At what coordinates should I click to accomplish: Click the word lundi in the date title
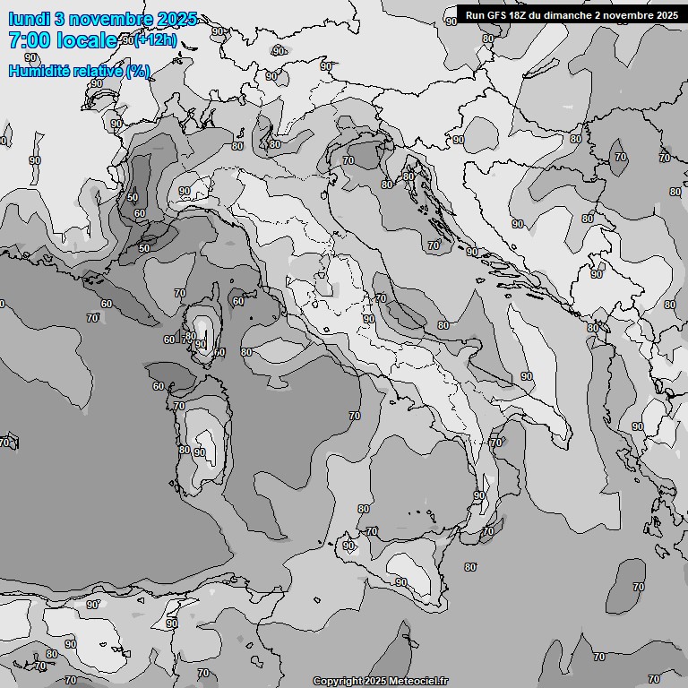tap(28, 19)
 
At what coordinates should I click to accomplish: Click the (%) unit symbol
tap(138, 71)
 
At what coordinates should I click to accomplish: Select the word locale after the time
tap(87, 40)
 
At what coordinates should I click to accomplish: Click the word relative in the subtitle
tap(101, 71)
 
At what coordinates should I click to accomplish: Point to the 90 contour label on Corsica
tap(201, 343)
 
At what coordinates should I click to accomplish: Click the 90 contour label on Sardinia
tap(199, 452)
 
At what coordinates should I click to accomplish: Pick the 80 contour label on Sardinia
tap(184, 450)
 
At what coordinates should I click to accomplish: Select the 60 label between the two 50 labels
tap(140, 213)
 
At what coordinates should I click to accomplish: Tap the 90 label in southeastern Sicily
tap(400, 582)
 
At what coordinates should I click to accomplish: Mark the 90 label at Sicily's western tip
tap(348, 546)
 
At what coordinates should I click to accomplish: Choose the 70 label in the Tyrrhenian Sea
tap(354, 416)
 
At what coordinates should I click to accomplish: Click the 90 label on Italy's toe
tap(478, 495)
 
